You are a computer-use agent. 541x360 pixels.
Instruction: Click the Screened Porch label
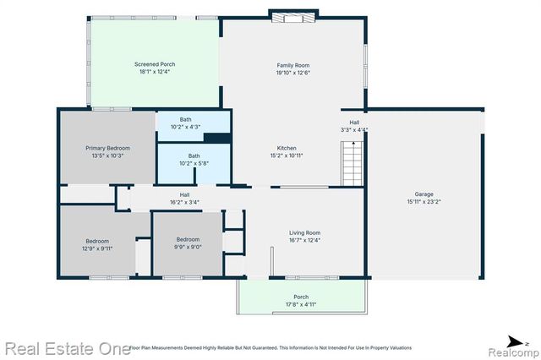pos(155,64)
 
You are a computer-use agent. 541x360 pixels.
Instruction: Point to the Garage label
pos(424,193)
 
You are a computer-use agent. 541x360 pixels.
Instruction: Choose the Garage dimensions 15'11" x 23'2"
pos(424,201)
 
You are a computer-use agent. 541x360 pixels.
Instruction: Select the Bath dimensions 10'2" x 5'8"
pos(194,163)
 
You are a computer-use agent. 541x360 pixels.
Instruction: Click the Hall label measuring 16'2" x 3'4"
pos(183,203)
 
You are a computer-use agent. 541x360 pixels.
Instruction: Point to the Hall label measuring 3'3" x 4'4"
pos(354,130)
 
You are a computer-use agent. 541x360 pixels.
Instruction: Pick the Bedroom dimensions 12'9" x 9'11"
pos(96,248)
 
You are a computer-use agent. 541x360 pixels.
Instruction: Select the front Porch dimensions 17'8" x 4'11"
pos(301,305)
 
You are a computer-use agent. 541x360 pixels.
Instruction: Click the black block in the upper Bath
pos(216,138)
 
